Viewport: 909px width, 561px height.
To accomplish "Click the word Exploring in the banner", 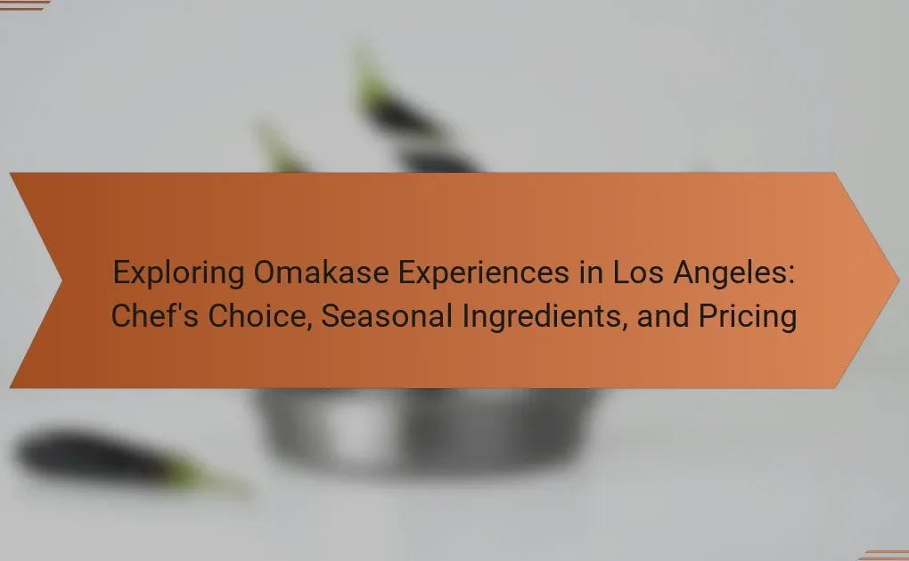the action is pyautogui.click(x=178, y=273).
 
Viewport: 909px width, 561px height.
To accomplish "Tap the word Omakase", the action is pyautogui.click(x=321, y=272).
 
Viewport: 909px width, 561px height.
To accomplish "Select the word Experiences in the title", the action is pyautogui.click(x=484, y=273).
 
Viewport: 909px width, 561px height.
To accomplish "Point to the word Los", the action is pyautogui.click(x=638, y=272).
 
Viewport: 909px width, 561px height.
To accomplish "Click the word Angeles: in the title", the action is pyautogui.click(x=733, y=273).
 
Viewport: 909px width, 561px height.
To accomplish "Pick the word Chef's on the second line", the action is pyautogui.click(x=155, y=316).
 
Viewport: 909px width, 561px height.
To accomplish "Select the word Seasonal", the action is pyautogui.click(x=387, y=316).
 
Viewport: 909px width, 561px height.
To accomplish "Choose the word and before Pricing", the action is pyautogui.click(x=663, y=316).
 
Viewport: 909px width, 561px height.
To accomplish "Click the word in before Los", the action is pyautogui.click(x=592, y=272).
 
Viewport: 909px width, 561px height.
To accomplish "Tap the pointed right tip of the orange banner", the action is pyautogui.click(x=898, y=280).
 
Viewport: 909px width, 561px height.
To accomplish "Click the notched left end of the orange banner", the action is pyautogui.click(x=61, y=280).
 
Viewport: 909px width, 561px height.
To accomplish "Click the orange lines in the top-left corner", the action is pyautogui.click(x=23, y=5).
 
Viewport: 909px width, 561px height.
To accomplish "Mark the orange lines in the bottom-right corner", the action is pyautogui.click(x=884, y=555).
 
